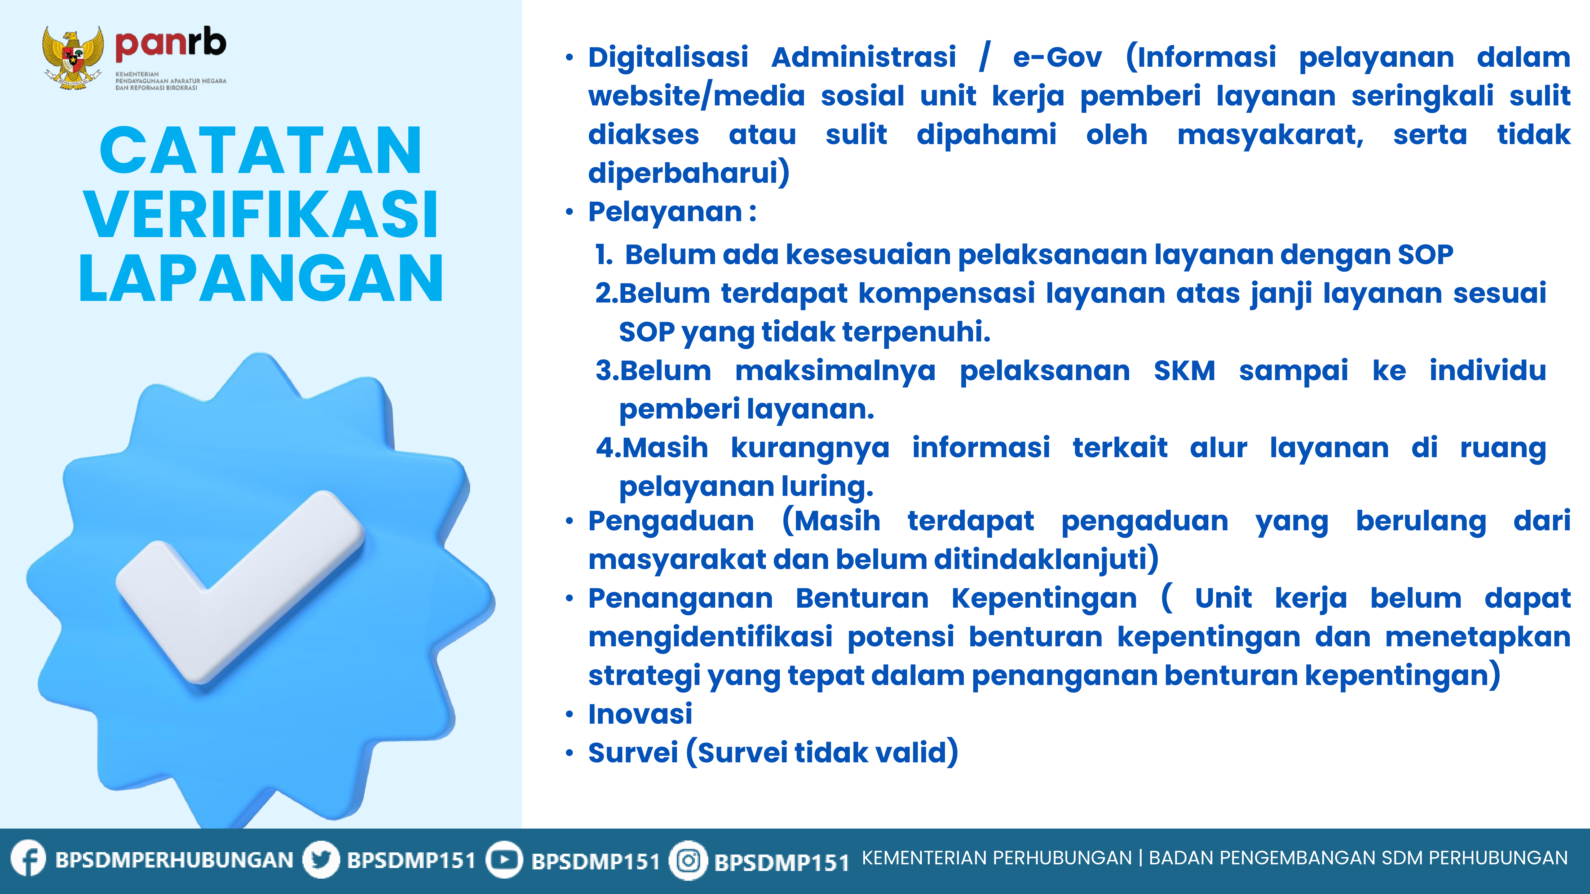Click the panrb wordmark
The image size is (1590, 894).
click(170, 45)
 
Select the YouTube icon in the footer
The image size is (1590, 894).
click(504, 860)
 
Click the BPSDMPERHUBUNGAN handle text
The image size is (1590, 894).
click(174, 860)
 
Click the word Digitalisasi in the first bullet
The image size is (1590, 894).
click(668, 57)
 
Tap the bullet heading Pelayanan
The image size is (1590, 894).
click(665, 212)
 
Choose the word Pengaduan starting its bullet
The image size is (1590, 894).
click(671, 521)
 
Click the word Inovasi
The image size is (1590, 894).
click(640, 714)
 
